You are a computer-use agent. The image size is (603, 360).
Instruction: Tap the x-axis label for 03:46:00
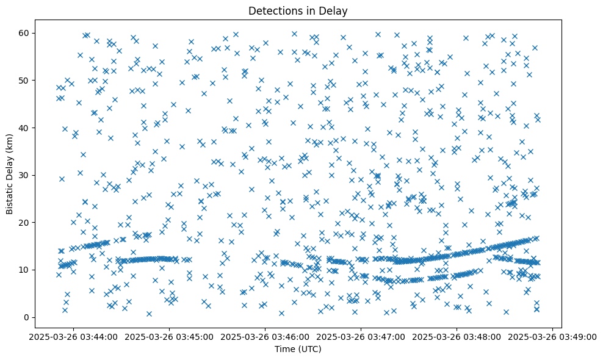point(265,336)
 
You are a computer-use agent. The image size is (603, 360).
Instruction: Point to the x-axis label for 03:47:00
point(361,336)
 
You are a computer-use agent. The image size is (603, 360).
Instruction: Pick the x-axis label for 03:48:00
point(457,336)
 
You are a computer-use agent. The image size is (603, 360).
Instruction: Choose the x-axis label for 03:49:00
point(552,336)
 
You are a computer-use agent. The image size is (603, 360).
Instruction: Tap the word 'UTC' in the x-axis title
point(310,350)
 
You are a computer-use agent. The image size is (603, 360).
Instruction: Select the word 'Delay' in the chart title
point(334,11)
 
